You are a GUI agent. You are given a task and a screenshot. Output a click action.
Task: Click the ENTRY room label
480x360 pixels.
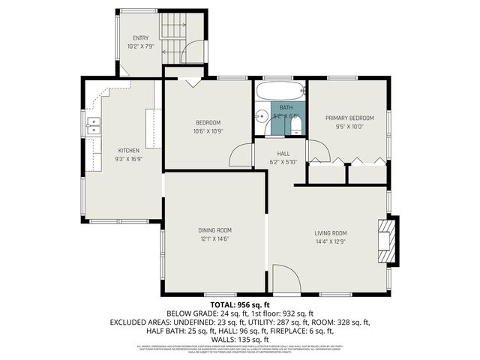point(141,38)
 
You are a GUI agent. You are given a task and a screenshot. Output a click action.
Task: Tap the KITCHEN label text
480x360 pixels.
point(128,151)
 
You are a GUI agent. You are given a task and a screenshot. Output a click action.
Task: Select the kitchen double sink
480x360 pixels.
point(94,125)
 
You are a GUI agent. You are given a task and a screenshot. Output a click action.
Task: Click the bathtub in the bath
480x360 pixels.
point(280,92)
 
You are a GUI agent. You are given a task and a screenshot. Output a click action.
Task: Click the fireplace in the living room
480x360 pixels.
point(388,241)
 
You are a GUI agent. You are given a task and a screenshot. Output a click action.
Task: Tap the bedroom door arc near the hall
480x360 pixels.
point(241,155)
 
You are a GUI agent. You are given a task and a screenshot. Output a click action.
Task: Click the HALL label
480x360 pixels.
point(283,154)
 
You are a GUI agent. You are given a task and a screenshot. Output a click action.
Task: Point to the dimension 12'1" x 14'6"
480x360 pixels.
point(214,239)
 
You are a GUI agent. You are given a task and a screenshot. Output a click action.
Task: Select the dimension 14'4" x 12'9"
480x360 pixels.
point(330,242)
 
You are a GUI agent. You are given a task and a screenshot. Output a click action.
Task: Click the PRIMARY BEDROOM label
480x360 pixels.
point(349,118)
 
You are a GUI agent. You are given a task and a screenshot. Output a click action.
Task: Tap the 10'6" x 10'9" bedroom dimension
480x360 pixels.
point(208,131)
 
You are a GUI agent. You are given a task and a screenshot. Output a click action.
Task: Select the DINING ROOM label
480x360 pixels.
point(214,230)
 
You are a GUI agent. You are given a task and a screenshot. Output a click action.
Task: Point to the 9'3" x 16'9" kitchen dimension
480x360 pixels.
point(128,159)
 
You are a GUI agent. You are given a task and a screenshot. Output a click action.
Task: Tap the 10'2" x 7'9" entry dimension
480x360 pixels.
point(141,46)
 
